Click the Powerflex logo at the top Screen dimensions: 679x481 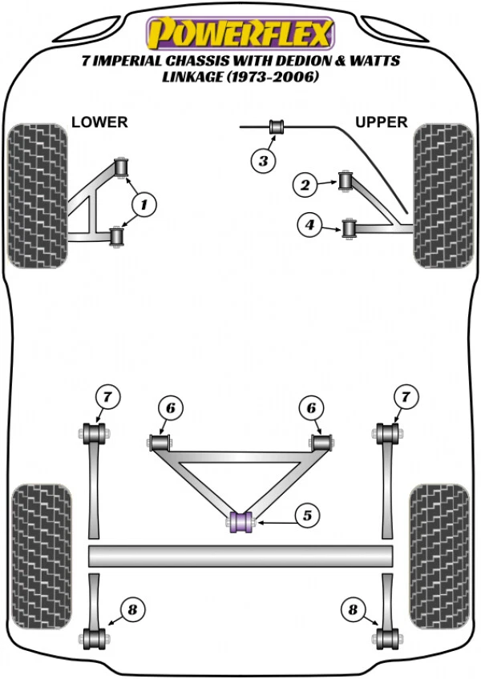(239, 34)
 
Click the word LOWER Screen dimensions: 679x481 (99, 123)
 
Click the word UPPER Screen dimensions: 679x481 (382, 123)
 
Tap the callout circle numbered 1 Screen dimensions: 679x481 (143, 206)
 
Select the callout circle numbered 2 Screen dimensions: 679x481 (305, 186)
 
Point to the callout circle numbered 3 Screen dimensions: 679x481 (262, 161)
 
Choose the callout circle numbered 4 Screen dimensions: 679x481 (309, 227)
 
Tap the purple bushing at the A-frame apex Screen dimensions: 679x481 (241, 521)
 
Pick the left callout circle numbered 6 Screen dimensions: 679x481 (170, 409)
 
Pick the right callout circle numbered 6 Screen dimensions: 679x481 (310, 409)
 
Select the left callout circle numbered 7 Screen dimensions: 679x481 (108, 396)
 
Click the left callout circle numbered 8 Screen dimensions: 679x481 (132, 610)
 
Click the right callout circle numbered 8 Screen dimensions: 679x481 (352, 610)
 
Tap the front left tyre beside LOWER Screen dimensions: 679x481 (36, 195)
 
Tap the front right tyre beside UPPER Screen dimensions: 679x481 (441, 195)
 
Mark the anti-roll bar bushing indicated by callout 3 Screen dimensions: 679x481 (277, 127)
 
